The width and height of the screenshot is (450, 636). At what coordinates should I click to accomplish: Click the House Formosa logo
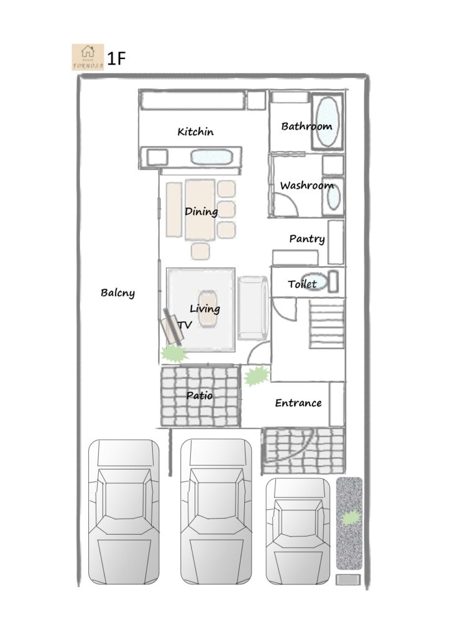[x=88, y=57]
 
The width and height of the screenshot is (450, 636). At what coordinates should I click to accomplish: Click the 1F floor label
[x=116, y=58]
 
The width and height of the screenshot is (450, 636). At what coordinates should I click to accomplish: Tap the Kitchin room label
[x=196, y=132]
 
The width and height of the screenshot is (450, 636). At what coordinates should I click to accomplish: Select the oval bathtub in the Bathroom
[x=327, y=121]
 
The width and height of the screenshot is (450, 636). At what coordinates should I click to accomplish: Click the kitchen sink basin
[x=211, y=157]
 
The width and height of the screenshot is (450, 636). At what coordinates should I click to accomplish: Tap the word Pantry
[x=307, y=239]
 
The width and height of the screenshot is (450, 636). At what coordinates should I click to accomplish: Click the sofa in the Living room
[x=253, y=308]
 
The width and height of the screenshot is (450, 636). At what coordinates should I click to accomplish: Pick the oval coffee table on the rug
[x=208, y=308]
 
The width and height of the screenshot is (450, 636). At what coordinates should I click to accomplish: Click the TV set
[x=171, y=327]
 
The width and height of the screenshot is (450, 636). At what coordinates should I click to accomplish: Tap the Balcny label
[x=117, y=293]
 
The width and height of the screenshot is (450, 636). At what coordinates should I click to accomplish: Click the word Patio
[x=200, y=395]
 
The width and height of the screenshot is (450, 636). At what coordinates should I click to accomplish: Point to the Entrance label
[x=298, y=402]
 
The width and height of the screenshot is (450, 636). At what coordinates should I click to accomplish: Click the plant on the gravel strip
[x=351, y=518]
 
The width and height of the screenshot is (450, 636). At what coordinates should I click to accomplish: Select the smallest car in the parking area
[x=298, y=531]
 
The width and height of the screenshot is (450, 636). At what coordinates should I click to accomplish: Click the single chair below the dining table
[x=201, y=251]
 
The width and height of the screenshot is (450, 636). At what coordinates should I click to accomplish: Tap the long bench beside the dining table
[x=173, y=210]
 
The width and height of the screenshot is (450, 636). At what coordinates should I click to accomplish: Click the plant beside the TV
[x=175, y=353]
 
